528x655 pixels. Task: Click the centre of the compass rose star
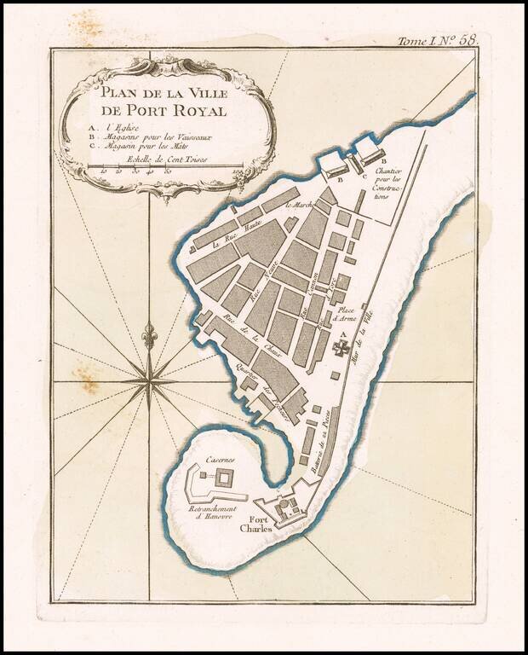pos(150,383)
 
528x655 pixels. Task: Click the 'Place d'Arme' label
pos(347,316)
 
